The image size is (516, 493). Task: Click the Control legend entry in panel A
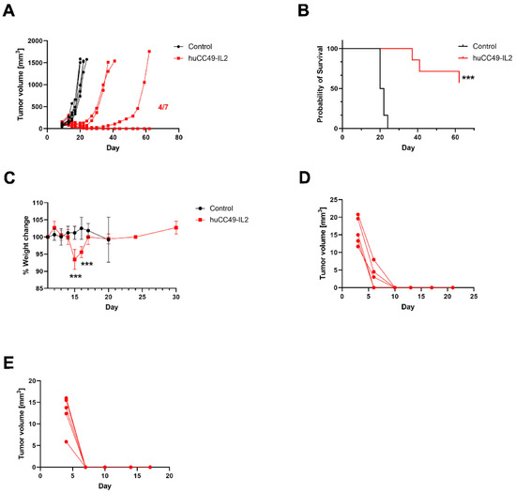pos(211,45)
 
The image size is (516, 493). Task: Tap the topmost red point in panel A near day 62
pos(149,52)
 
